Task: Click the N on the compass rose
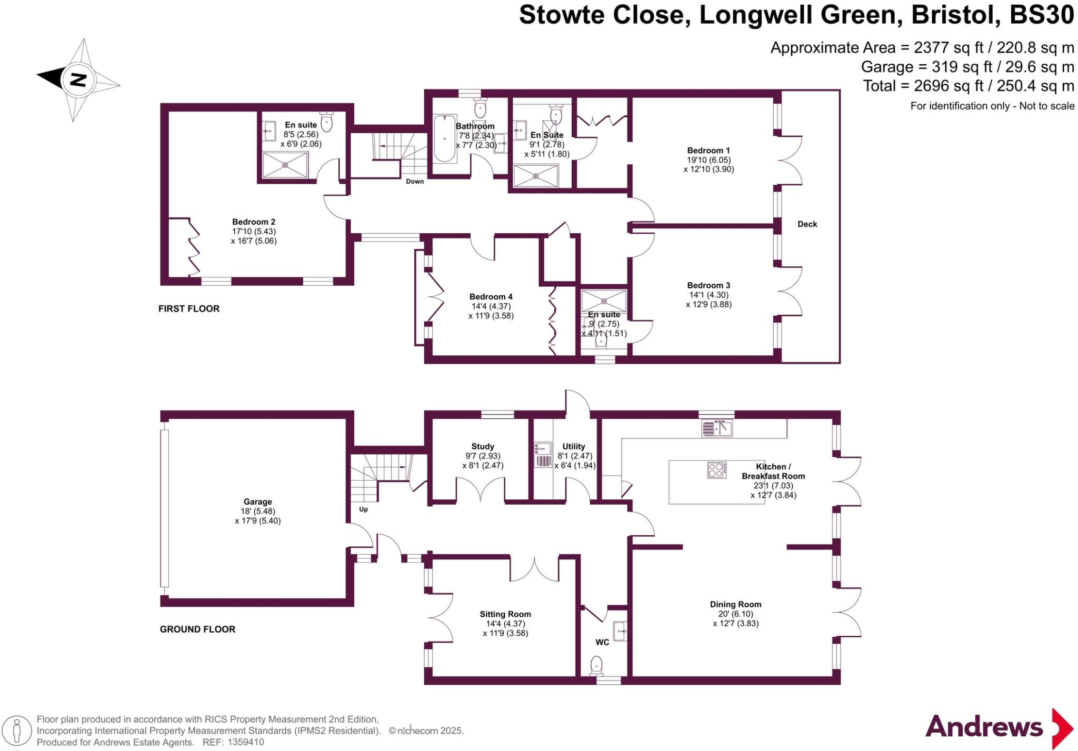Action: (x=78, y=80)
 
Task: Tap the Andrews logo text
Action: (x=984, y=727)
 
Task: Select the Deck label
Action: (x=807, y=224)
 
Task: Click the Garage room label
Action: (x=257, y=502)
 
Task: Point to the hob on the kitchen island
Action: (x=717, y=470)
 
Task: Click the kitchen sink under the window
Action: (x=717, y=428)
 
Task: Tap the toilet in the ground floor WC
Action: (x=596, y=665)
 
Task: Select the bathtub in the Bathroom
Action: (x=444, y=139)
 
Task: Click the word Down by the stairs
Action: (x=415, y=182)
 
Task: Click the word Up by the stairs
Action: (x=363, y=509)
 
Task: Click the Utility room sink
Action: (x=543, y=449)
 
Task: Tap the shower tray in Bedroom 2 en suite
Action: (x=285, y=165)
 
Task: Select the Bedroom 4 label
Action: (x=491, y=297)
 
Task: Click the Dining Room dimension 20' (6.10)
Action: (x=735, y=614)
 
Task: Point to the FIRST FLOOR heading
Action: (x=189, y=309)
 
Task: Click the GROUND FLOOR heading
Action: (x=197, y=629)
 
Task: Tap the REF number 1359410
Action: (x=245, y=743)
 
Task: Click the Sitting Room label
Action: (x=505, y=614)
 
